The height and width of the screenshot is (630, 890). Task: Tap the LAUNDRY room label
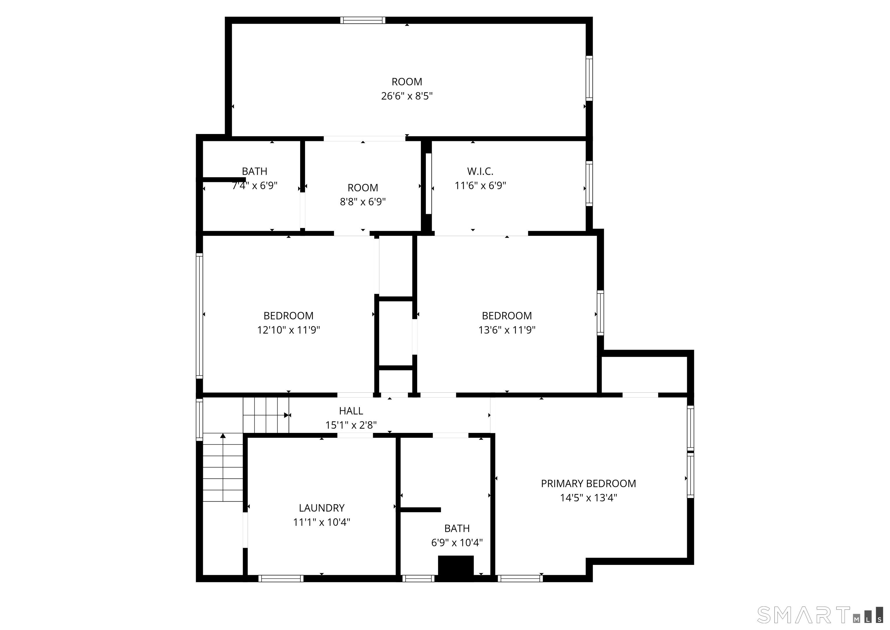(x=322, y=508)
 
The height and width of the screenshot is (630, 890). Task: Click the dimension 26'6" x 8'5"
(x=406, y=96)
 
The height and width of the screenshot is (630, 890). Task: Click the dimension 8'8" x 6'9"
(x=363, y=202)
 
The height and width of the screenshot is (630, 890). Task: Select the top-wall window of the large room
(x=363, y=20)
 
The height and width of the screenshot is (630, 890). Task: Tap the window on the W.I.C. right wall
(x=589, y=183)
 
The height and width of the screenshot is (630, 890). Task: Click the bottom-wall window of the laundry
(x=281, y=578)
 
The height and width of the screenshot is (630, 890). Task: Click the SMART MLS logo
(x=819, y=615)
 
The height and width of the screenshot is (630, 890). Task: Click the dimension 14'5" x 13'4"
(x=588, y=498)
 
